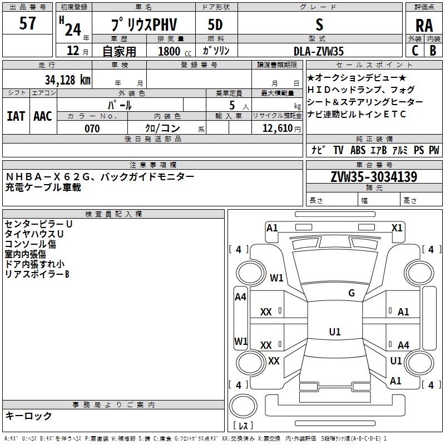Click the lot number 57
[27, 23]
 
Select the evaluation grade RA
[424, 26]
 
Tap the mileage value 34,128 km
[67, 80]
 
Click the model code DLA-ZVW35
[318, 51]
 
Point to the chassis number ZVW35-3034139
[374, 176]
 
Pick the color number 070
[92, 128]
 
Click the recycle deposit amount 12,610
[277, 128]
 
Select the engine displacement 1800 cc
[175, 51]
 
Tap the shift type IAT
[16, 116]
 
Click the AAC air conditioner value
[43, 116]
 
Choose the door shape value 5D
[215, 24]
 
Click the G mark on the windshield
[352, 293]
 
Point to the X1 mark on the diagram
[397, 228]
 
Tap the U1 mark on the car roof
[335, 332]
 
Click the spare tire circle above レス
[243, 406]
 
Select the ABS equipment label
[358, 150]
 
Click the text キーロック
[28, 416]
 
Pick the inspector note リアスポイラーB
[37, 274]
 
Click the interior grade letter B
[433, 51]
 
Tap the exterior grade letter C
[415, 51]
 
